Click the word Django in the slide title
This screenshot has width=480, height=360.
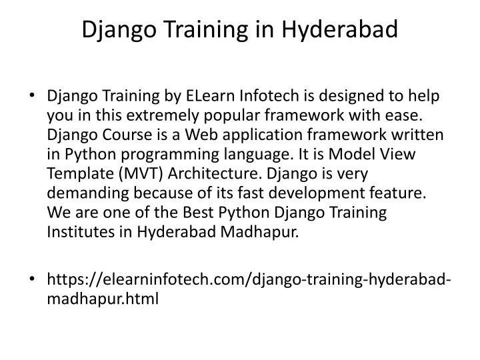click(119, 30)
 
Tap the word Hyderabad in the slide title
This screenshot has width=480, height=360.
click(339, 29)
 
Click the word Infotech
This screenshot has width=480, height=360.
click(269, 95)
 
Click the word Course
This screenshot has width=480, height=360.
click(127, 135)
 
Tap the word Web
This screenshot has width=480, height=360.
click(201, 135)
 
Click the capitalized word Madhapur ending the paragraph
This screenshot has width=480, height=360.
click(259, 232)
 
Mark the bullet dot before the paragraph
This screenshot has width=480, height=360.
click(32, 95)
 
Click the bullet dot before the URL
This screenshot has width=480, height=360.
click(32, 279)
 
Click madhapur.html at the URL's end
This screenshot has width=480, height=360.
click(103, 299)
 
